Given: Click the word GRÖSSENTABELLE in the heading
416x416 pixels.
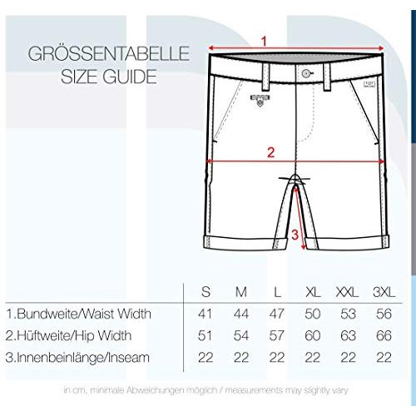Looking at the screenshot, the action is tap(109, 53).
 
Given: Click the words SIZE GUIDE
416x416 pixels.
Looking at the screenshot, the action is tap(109, 77).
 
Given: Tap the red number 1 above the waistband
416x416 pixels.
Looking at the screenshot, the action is tap(264, 42).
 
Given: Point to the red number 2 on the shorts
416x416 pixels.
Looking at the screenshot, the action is tap(270, 152).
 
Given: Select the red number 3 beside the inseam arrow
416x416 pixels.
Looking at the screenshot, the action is tap(295, 235).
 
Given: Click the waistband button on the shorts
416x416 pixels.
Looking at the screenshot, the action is tap(306, 73).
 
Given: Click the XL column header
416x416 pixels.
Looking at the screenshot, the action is tap(313, 292).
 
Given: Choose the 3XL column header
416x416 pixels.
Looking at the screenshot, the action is tap(384, 292).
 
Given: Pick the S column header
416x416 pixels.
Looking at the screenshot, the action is tap(206, 292).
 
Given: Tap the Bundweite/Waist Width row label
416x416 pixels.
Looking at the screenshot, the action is tap(79, 314).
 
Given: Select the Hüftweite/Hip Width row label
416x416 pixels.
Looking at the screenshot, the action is tap(68, 335).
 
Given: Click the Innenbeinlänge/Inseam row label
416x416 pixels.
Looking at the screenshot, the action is tap(77, 358).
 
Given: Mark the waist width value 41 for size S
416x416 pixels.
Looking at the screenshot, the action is tap(206, 314).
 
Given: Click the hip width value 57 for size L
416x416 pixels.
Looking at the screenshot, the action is tap(277, 335).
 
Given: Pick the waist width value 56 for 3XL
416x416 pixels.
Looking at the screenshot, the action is tap(384, 314).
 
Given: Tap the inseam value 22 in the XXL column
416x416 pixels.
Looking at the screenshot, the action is tap(348, 357).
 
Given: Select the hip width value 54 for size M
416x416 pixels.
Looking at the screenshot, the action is tap(241, 335).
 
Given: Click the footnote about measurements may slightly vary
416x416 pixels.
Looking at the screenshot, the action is tap(206, 390).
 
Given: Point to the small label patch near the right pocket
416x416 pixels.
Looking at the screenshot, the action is tap(369, 84).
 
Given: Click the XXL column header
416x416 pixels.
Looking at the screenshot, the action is tap(347, 292).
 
